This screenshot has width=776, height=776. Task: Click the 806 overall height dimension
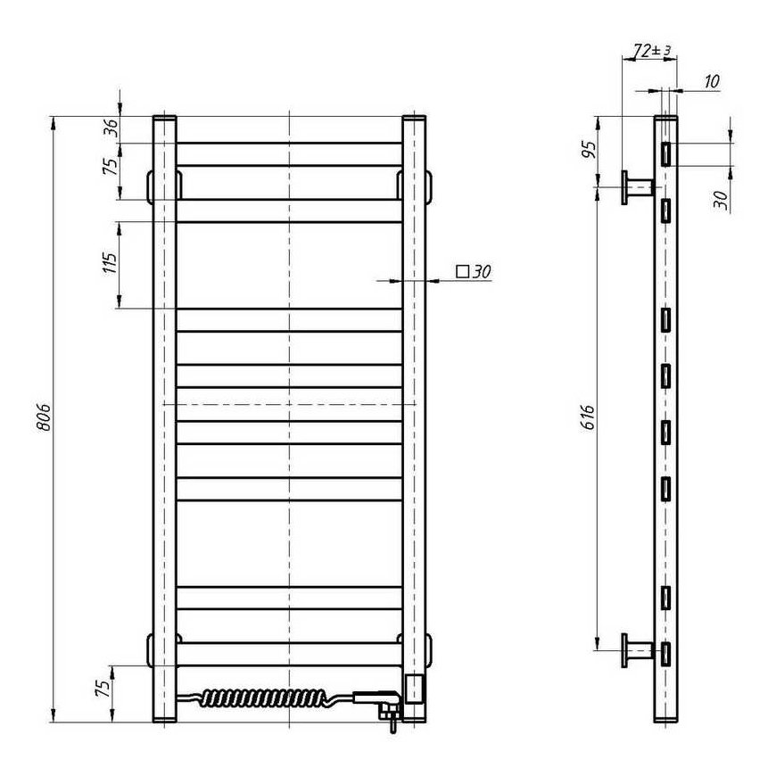click(x=45, y=417)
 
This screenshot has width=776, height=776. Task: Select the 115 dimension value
click(x=110, y=263)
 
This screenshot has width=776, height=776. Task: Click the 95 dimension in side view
click(x=589, y=150)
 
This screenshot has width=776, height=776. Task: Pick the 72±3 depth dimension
click(x=652, y=50)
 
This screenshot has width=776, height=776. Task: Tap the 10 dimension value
click(x=711, y=81)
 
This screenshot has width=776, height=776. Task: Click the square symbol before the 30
click(x=462, y=271)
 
